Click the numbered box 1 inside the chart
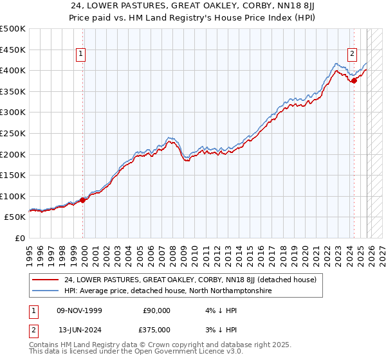[81, 55]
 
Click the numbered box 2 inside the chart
[353, 55]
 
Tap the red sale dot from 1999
[83, 200]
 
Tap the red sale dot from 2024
[354, 80]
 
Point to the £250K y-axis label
[14, 133]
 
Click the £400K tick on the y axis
[14, 70]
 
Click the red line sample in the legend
[46, 280]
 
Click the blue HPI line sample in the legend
[46, 291]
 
